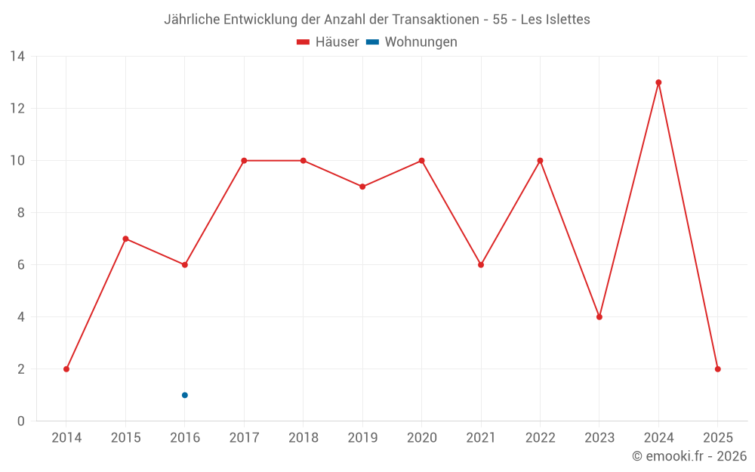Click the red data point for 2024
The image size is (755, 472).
(x=658, y=82)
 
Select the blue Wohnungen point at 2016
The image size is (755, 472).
(x=184, y=395)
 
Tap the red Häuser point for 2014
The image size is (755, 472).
(x=66, y=369)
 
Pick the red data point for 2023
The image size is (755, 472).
(x=599, y=317)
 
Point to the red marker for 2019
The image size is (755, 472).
(x=362, y=187)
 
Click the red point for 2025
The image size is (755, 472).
(x=717, y=369)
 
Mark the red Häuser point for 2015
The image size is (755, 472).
(x=125, y=239)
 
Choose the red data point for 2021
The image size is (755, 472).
(x=481, y=265)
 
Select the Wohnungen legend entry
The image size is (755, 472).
(x=421, y=42)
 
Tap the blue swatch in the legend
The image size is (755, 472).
(x=373, y=42)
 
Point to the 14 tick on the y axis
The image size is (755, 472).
(x=17, y=57)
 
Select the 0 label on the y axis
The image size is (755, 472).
(x=21, y=421)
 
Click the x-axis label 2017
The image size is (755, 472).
(x=244, y=438)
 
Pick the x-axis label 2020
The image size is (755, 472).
(x=421, y=438)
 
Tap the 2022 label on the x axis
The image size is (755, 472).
(x=540, y=438)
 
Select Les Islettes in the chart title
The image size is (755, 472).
(x=554, y=20)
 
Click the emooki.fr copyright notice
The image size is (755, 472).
(x=689, y=456)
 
